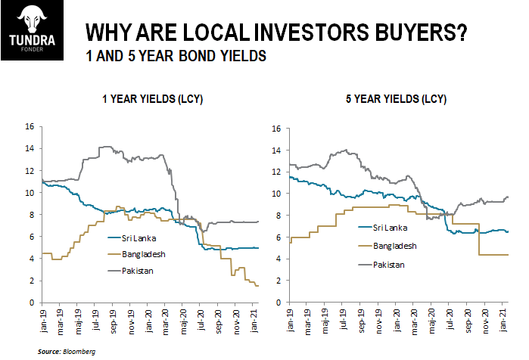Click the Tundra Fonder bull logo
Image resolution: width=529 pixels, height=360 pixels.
[32, 30]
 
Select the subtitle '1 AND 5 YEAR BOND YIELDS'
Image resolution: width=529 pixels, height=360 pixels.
[176, 56]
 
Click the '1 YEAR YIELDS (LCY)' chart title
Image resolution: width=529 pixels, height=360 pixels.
[152, 99]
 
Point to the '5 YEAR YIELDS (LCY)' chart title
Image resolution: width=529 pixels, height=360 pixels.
[396, 99]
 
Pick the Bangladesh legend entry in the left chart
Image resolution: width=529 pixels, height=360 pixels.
[137, 254]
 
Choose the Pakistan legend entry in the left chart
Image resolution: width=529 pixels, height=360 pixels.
[131, 271]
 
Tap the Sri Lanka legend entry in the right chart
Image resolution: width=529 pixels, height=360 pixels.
[383, 228]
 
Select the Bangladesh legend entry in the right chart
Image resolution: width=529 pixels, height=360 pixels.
[387, 246]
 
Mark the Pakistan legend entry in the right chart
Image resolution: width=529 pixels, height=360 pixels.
[381, 265]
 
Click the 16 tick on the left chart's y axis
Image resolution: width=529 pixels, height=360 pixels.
[30, 126]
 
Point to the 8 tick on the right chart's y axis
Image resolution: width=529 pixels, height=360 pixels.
[278, 216]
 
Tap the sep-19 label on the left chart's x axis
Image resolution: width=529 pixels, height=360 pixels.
[113, 321]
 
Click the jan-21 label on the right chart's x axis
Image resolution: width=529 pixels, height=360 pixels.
[503, 320]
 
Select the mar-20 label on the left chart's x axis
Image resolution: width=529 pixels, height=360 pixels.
[165, 322]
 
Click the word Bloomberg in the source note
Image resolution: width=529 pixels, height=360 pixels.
[79, 352]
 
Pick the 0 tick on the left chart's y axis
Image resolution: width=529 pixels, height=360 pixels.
[32, 303]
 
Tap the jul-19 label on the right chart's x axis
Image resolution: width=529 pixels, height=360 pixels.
[343, 319]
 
